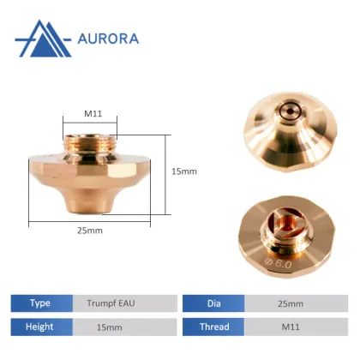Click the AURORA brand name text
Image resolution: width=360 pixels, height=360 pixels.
(107, 39)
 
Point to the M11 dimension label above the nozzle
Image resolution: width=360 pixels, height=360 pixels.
(93, 113)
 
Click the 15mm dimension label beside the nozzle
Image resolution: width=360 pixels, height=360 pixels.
(184, 171)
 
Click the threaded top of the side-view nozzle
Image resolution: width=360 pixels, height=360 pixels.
(93, 141)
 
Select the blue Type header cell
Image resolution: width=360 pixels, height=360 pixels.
(40, 303)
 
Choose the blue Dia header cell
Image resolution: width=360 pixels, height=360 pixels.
(214, 303)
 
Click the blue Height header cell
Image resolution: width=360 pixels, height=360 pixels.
(40, 327)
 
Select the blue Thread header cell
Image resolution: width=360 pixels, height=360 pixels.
(214, 327)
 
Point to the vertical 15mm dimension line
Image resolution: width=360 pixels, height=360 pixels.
(166, 171)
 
